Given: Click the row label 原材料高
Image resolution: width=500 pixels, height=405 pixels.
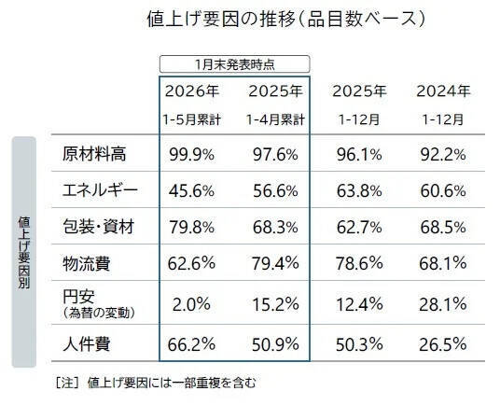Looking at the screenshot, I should pyautogui.click(x=91, y=153).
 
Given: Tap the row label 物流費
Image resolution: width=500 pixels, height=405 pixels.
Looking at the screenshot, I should pyautogui.click(x=85, y=265).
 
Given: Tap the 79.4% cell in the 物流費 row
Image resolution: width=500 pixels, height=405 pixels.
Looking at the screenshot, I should pyautogui.click(x=275, y=265).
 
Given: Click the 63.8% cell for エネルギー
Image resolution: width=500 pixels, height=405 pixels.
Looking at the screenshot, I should pyautogui.click(x=359, y=190).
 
